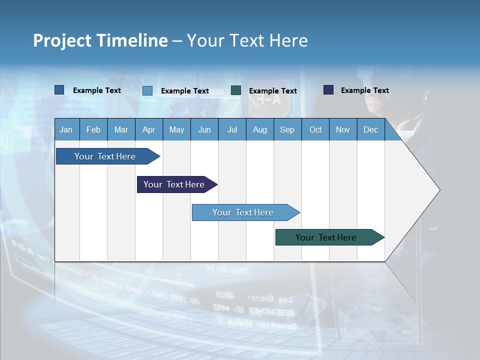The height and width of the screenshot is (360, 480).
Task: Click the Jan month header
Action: (x=66, y=129)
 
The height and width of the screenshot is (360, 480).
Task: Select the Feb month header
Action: (x=93, y=129)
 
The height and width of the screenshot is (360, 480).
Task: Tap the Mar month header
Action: (x=121, y=129)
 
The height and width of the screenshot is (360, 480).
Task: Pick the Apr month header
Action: (x=149, y=129)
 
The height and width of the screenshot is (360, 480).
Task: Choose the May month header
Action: (x=176, y=129)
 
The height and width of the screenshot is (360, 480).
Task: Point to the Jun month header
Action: (x=204, y=129)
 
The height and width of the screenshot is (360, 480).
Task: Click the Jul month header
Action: (x=232, y=129)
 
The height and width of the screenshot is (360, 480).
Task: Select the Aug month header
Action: (x=260, y=129)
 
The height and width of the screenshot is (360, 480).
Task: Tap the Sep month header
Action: (x=287, y=129)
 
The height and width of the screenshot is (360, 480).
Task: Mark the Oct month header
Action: (x=315, y=129)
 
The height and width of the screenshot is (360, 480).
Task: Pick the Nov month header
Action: (x=343, y=129)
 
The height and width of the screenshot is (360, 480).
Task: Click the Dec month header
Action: (x=371, y=129)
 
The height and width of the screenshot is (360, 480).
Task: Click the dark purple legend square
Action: (x=328, y=90)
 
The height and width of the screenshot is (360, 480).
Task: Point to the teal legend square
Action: (x=236, y=90)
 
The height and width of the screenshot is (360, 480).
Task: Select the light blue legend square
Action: (x=147, y=90)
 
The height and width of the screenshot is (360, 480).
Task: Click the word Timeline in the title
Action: (x=131, y=40)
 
